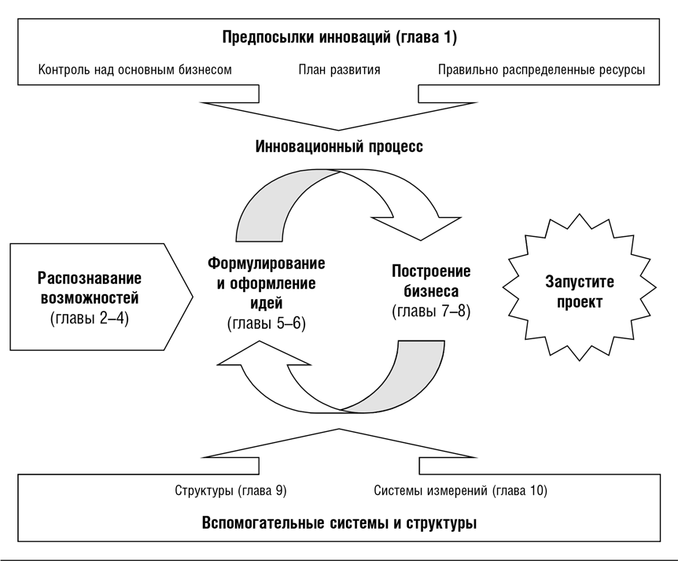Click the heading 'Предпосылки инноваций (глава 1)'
(339, 37)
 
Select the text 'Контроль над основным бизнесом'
(135, 69)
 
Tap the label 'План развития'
(339, 69)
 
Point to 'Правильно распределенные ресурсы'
(541, 69)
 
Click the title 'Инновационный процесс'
(339, 147)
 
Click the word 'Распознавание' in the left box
(90, 279)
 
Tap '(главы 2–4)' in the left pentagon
(90, 318)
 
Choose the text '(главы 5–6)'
(266, 322)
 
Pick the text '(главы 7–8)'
(431, 310)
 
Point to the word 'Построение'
(431, 271)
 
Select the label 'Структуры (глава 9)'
(230, 490)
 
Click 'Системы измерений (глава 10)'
(461, 490)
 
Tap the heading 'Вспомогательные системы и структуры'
(339, 522)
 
